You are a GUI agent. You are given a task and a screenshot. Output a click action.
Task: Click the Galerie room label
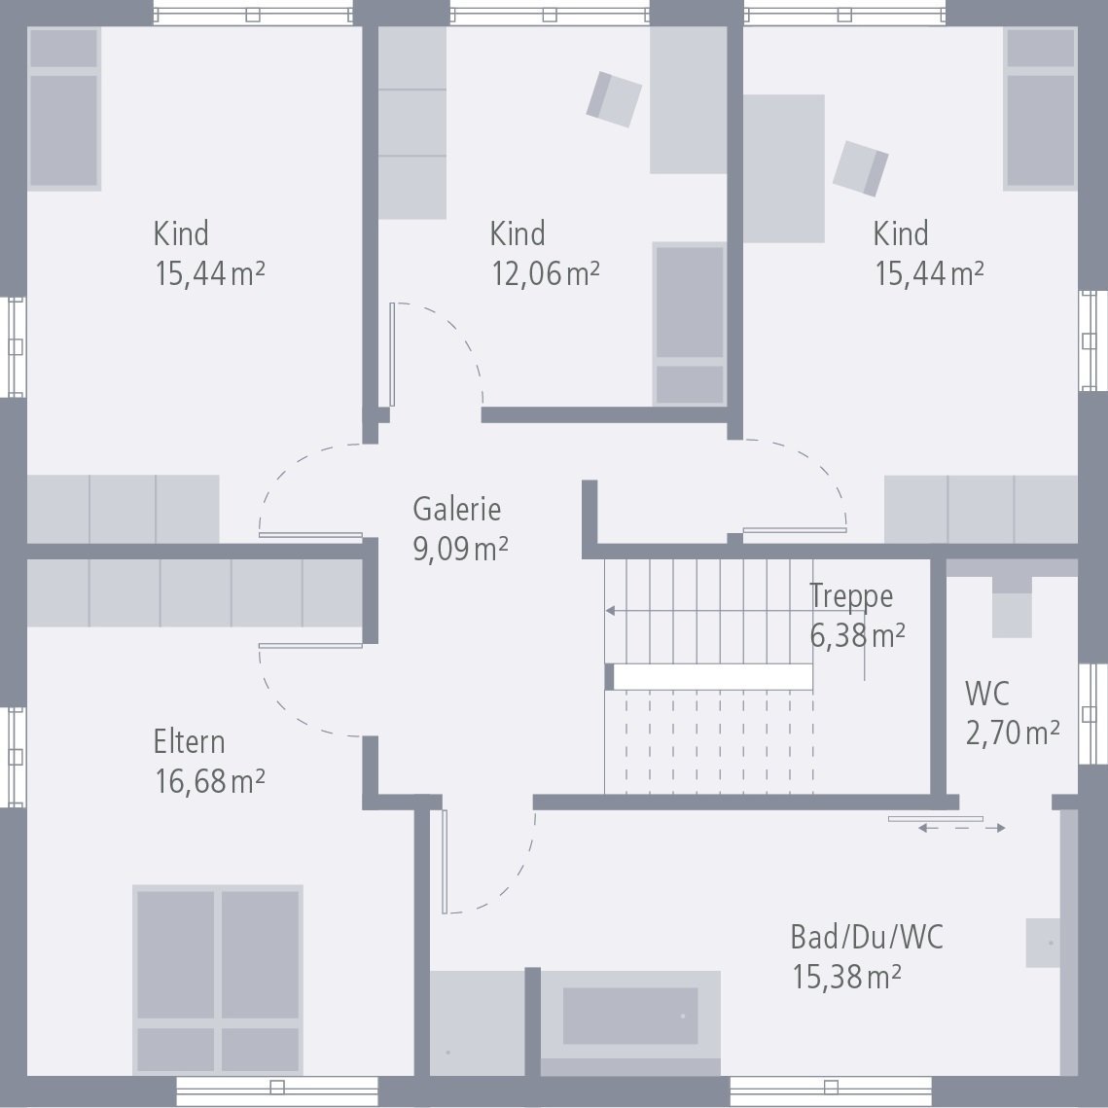click(x=456, y=509)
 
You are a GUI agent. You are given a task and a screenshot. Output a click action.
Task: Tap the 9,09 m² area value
click(x=460, y=548)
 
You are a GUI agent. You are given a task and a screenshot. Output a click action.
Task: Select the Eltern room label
click(x=189, y=742)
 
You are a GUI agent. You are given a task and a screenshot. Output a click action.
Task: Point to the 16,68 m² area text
click(x=209, y=780)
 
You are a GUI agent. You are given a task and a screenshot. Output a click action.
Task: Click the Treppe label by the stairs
click(x=851, y=595)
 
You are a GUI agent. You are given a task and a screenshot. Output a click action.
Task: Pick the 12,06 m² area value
click(x=544, y=273)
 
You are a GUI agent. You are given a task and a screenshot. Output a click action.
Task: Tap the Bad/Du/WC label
click(x=866, y=938)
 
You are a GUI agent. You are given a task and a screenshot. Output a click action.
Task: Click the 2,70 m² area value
click(x=1012, y=732)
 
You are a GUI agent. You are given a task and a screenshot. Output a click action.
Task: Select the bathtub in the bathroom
click(x=630, y=1018)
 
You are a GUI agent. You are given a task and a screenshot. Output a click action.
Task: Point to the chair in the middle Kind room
click(x=614, y=99)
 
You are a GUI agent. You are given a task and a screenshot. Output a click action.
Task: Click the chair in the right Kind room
click(x=861, y=167)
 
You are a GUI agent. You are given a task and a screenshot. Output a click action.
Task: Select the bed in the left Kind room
click(x=64, y=109)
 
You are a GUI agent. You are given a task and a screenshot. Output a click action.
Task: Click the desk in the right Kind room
click(x=784, y=167)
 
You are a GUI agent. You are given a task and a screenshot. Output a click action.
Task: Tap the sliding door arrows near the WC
click(x=961, y=828)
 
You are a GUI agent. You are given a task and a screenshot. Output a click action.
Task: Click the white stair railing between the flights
click(x=712, y=677)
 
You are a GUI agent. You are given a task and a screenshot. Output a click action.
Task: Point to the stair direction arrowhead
click(x=610, y=611)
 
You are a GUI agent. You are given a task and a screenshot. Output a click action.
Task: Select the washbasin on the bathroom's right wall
click(x=1044, y=943)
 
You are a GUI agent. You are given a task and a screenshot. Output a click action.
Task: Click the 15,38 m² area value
click(x=845, y=976)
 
